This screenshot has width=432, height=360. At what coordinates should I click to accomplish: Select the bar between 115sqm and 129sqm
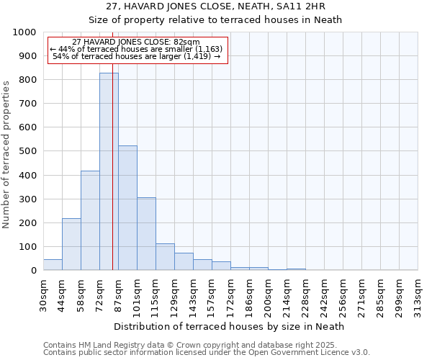165,257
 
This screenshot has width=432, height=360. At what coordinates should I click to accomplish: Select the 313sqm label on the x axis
418,293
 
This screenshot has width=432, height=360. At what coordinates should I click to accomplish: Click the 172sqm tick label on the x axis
230,293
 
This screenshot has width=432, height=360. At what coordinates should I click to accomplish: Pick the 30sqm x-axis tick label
43,293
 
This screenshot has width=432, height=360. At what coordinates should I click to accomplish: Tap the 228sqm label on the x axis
305,293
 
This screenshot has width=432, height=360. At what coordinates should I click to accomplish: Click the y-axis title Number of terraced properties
6,154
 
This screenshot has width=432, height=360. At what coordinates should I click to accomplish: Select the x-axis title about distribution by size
230,326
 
